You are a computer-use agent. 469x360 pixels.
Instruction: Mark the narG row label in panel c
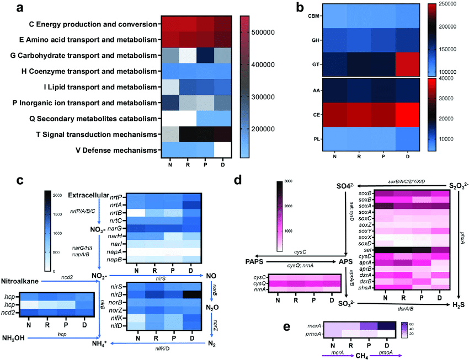pos(115,228)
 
